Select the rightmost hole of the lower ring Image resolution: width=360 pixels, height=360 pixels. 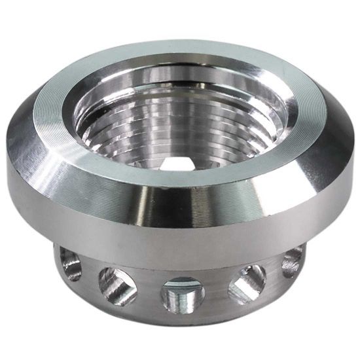(x=292, y=261)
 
